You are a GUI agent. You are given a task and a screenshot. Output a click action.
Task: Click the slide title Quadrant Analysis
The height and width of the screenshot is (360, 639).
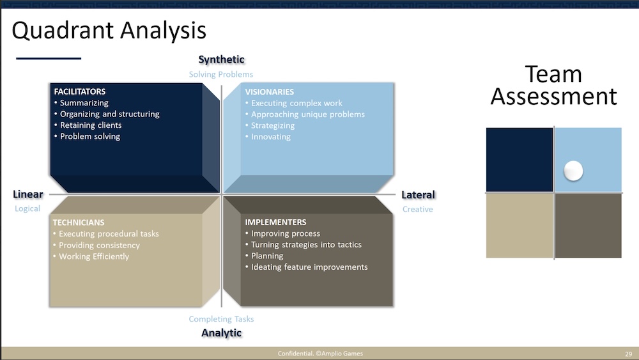click(109, 31)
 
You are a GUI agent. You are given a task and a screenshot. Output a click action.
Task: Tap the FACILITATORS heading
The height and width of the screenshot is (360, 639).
click(80, 91)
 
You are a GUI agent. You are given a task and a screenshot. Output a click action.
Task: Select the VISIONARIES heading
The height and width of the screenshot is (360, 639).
click(269, 91)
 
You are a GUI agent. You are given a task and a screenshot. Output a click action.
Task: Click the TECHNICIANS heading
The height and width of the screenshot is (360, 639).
click(78, 223)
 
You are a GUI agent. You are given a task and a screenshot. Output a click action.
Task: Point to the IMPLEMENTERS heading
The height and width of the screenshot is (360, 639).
click(275, 223)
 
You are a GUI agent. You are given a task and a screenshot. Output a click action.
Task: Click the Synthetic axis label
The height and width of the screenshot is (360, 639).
click(221, 59)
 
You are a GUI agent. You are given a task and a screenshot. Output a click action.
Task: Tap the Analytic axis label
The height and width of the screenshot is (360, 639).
click(221, 333)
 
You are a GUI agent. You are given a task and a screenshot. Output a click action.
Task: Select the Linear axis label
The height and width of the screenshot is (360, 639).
click(28, 194)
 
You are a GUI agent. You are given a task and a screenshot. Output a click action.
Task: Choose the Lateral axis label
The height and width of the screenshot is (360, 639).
click(418, 195)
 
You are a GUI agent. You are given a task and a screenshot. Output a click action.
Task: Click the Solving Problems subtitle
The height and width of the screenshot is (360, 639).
click(221, 74)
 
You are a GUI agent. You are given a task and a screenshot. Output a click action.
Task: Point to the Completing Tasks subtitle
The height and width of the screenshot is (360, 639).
click(221, 319)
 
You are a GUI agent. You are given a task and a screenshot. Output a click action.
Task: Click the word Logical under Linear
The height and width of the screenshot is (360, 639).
click(27, 208)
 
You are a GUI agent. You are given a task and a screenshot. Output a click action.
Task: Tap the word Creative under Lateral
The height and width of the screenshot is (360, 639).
click(418, 209)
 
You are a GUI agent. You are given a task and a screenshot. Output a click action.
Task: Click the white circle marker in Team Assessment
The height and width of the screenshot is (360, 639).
click(573, 171)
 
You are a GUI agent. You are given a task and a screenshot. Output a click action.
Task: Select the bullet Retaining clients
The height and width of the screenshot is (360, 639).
click(90, 125)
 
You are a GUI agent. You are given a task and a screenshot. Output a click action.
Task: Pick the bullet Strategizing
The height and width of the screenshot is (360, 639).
click(273, 125)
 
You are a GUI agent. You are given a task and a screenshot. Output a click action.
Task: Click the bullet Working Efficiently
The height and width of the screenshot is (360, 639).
click(93, 256)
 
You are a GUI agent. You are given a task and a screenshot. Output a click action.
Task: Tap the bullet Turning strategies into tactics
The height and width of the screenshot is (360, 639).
click(306, 245)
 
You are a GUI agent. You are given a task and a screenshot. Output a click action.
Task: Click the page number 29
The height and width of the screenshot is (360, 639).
click(628, 354)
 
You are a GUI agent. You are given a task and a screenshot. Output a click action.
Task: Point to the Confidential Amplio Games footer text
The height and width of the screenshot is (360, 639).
click(320, 354)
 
